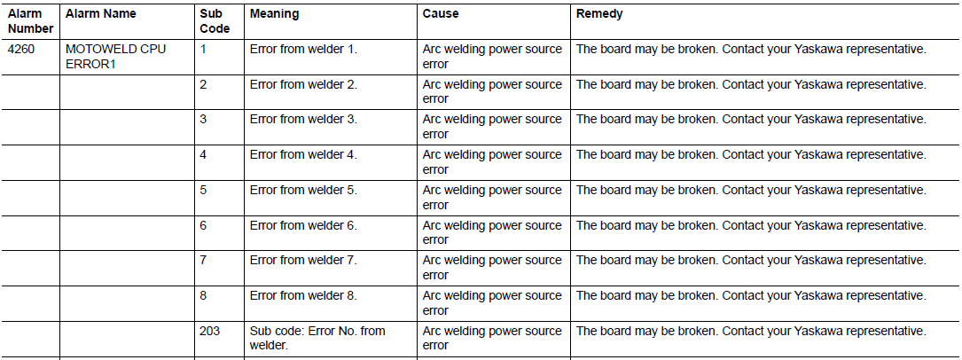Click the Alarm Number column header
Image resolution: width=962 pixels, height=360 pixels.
[x=31, y=21]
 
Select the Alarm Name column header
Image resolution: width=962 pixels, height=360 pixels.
[x=100, y=13]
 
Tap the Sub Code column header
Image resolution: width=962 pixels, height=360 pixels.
[x=215, y=21]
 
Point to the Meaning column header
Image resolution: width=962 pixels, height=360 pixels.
[x=274, y=13]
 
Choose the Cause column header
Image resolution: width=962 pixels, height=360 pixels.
[x=441, y=13]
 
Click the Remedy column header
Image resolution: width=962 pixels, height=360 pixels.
[x=599, y=13]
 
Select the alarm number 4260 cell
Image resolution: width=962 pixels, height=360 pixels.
[x=21, y=49]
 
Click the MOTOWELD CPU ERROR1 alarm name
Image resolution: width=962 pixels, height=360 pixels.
[x=115, y=57]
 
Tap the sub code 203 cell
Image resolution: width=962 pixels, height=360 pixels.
[x=210, y=331]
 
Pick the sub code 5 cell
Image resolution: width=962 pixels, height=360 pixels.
[x=203, y=190]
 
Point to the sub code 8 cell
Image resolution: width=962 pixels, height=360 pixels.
[x=203, y=295]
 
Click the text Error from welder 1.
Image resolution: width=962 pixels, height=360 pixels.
[x=303, y=49]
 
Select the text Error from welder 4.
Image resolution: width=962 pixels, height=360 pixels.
[x=303, y=154]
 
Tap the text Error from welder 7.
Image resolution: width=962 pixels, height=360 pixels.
[x=303, y=260]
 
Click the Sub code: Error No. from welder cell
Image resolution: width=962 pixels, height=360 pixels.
[x=317, y=339]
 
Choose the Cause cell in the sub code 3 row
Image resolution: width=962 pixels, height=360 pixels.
[x=492, y=126]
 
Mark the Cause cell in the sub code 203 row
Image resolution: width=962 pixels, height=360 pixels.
[x=492, y=339]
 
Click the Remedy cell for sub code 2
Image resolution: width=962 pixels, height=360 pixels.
[x=751, y=84]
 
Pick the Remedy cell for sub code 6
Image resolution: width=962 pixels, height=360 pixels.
[x=751, y=226]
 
